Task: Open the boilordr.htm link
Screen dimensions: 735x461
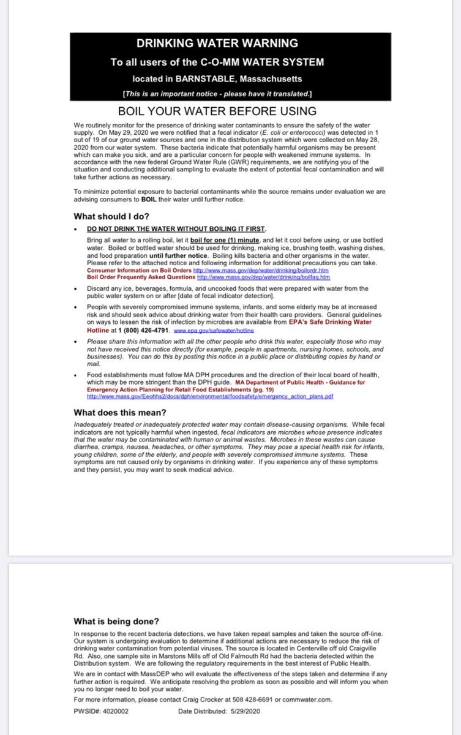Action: (x=261, y=269)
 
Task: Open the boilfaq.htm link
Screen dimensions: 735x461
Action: (x=263, y=277)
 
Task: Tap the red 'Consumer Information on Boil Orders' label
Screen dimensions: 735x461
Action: (x=140, y=269)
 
